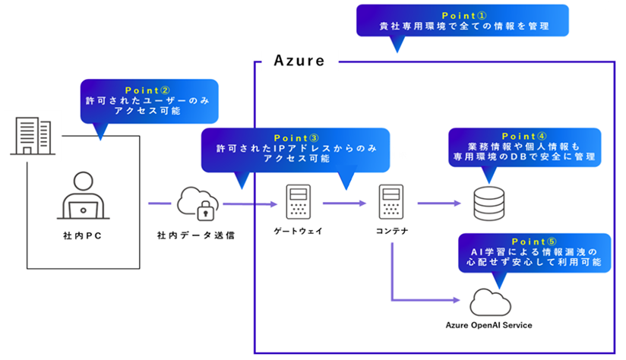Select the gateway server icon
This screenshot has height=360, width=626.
[296, 203]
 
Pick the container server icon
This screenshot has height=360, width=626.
[392, 203]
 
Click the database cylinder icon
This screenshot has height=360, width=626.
[489, 203]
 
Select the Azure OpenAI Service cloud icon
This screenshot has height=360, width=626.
[489, 302]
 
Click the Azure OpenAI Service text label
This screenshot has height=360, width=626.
[488, 325]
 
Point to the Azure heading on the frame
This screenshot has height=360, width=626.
[299, 61]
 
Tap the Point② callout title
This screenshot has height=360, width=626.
[149, 89]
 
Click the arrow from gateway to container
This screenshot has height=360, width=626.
[346, 204]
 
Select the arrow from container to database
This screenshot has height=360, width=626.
[439, 204]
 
